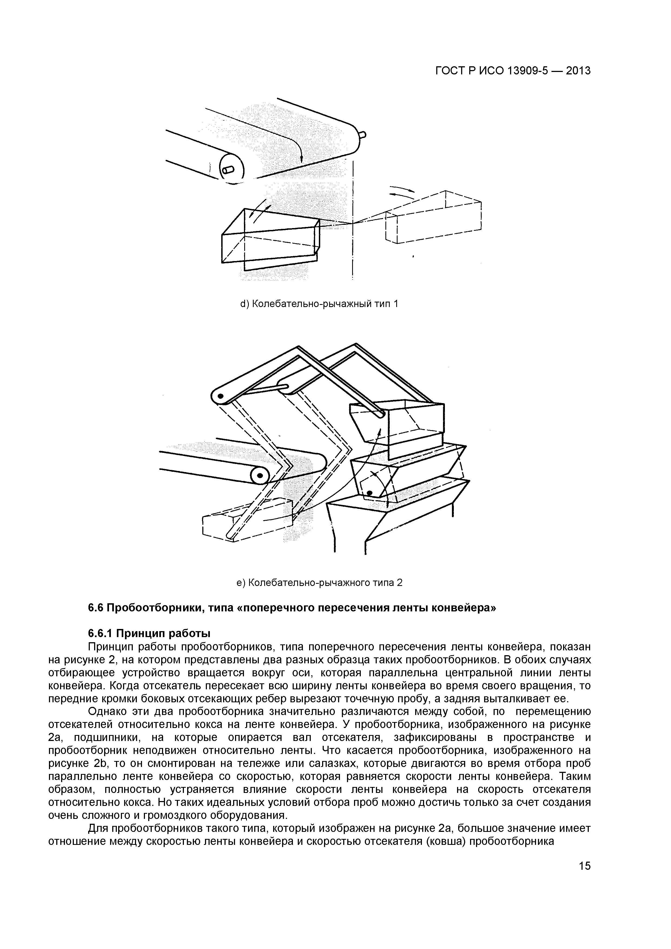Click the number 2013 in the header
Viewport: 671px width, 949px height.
click(579, 71)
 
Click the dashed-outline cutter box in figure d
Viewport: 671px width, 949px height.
click(434, 219)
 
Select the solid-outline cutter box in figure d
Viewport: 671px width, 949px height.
click(271, 240)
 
